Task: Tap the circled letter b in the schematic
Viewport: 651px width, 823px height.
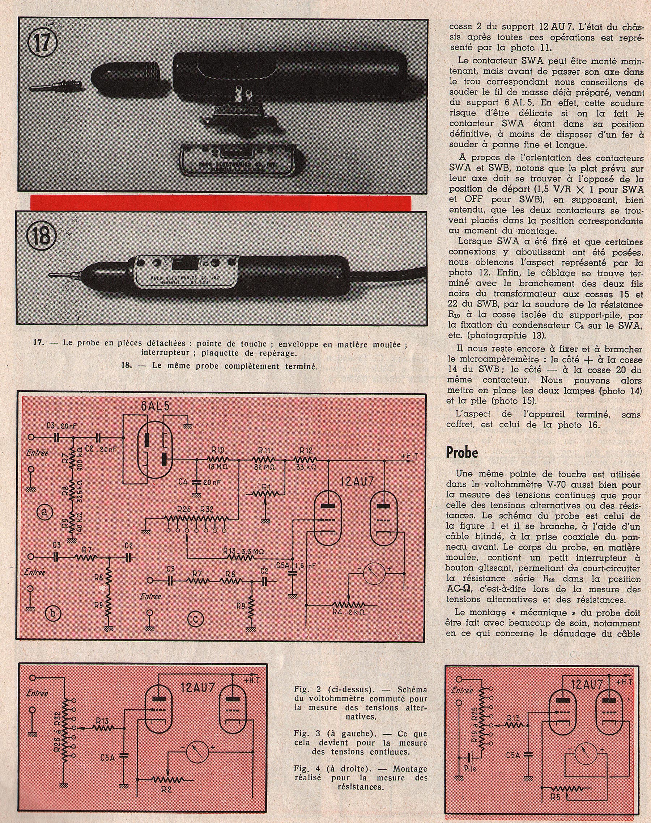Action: [x=52, y=613]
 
